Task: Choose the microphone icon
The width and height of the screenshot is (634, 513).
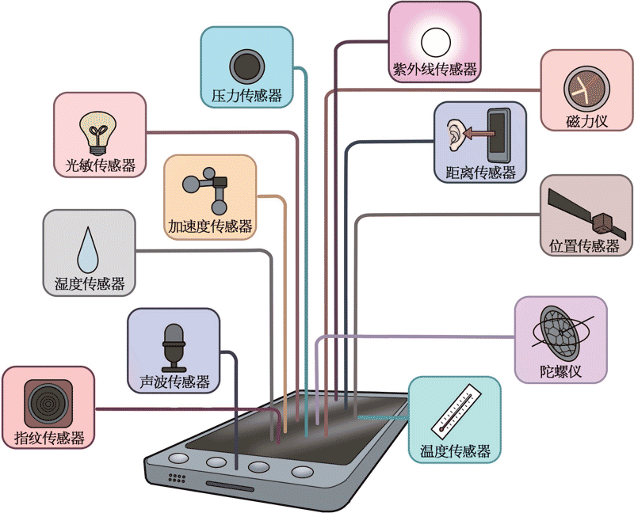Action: tap(174, 346)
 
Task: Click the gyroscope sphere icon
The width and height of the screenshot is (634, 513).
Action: tap(560, 333)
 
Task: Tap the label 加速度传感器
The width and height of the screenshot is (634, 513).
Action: tap(210, 226)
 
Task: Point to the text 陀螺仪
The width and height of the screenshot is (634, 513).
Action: tap(560, 370)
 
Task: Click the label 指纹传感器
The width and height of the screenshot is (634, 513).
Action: tap(49, 438)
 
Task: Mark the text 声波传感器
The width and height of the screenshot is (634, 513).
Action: tap(174, 382)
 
